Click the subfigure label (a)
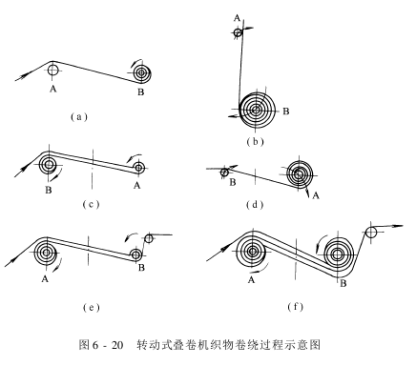[78, 117]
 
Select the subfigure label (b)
[255, 141]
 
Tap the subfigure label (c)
[91, 204]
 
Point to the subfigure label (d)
[255, 205]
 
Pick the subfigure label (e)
[91, 307]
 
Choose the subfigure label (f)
[295, 307]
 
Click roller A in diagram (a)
[53, 71]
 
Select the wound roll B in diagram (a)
[141, 73]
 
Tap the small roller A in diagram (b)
[238, 32]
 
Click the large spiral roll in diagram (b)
[256, 111]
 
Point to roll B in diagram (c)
[49, 165]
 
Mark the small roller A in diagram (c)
[139, 167]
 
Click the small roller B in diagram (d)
[224, 173]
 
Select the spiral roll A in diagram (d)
[300, 173]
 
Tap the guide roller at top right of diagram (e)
[149, 238]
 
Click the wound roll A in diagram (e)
[47, 253]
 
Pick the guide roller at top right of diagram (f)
[371, 233]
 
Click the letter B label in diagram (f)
[343, 283]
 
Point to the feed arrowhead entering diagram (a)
[24, 76]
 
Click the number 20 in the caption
[117, 345]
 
